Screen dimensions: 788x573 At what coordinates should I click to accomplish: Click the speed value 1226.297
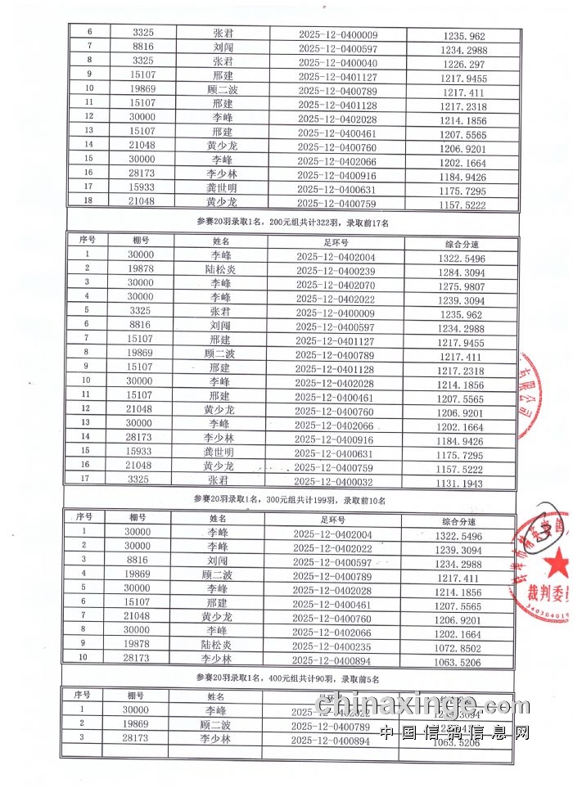[x=464, y=64]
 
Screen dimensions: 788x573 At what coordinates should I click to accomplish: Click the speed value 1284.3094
[x=462, y=271]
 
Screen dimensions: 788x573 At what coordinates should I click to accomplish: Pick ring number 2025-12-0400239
[x=336, y=271]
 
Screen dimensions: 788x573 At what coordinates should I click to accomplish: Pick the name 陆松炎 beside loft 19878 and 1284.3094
[x=220, y=271]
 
